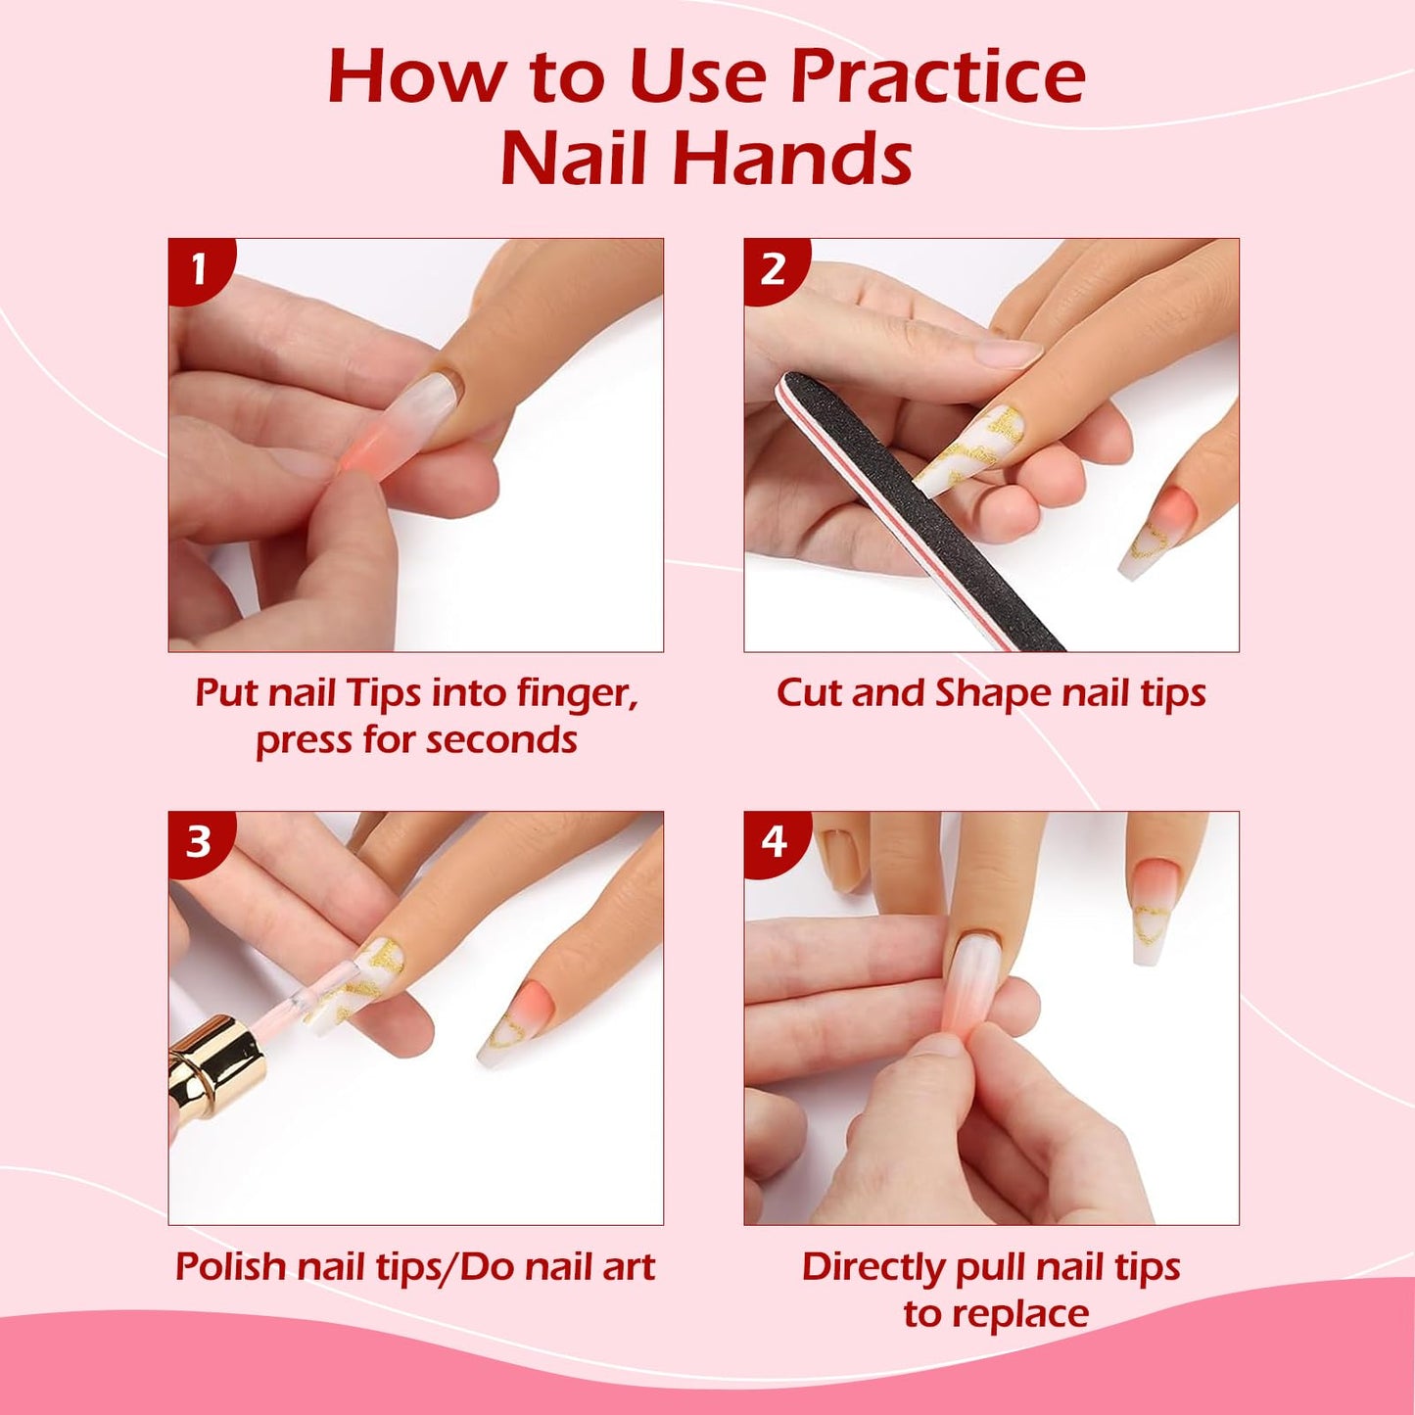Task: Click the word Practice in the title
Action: point(937,78)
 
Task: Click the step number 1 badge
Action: point(199,268)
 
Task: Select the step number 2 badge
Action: point(774,268)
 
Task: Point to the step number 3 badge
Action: point(199,841)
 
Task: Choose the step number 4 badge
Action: point(774,841)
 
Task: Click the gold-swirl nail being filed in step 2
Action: point(969,450)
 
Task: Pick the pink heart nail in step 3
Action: point(517,1023)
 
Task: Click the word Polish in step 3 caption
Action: point(230,1267)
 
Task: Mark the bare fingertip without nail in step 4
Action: point(840,857)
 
